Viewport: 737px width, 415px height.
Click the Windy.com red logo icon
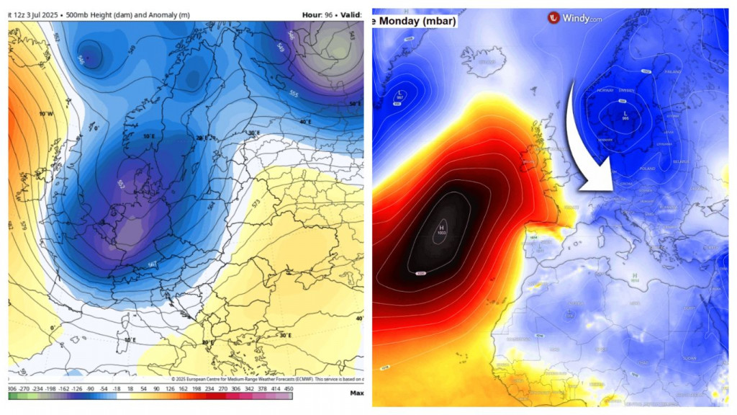click(553, 18)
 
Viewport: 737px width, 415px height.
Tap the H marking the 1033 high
click(441, 228)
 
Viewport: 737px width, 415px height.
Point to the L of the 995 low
click(625, 114)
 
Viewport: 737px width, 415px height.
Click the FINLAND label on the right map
click(672, 72)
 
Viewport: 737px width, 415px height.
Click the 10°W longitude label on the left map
click(46, 114)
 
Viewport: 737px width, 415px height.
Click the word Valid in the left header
click(351, 14)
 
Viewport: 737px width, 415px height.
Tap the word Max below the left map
click(356, 393)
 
